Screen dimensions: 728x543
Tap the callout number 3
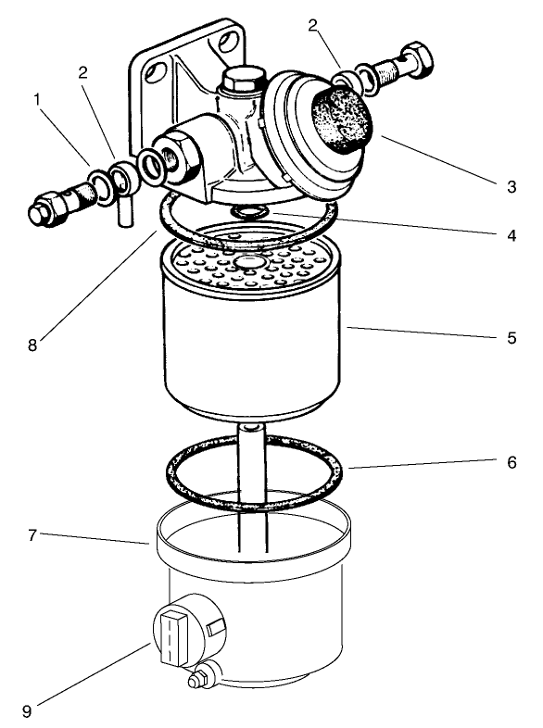point(511,186)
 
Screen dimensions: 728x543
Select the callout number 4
point(511,235)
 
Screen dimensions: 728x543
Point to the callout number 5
point(511,338)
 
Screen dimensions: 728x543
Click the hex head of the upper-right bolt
point(419,58)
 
